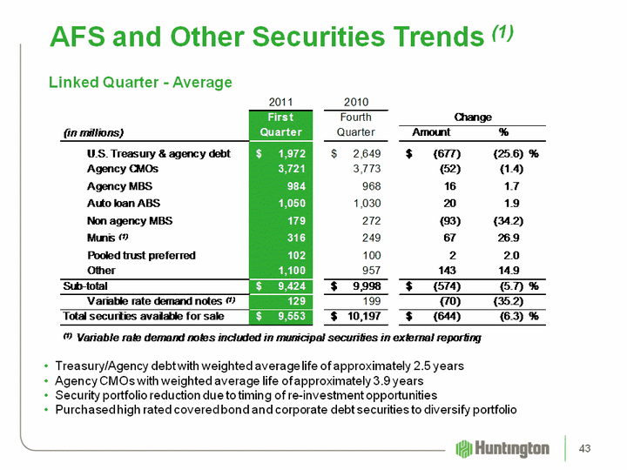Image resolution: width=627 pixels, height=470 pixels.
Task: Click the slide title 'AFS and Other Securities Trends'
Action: pos(266,37)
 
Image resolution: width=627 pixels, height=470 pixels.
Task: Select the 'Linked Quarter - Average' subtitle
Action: pos(139,83)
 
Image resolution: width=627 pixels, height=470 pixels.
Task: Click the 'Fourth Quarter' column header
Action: pos(356,124)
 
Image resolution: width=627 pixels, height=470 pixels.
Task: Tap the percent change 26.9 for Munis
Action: pos(510,238)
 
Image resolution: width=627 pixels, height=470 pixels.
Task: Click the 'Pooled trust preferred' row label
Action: pos(141,255)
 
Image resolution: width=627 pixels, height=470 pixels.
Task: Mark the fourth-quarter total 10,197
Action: pos(361,315)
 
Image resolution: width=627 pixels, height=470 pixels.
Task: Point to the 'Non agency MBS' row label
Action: pos(131,220)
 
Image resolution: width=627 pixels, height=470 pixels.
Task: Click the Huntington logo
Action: pos(502,448)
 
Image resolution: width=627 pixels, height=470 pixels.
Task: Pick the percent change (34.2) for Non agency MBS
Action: pos(506,220)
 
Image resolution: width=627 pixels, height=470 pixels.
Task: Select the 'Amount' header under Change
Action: pos(430,132)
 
